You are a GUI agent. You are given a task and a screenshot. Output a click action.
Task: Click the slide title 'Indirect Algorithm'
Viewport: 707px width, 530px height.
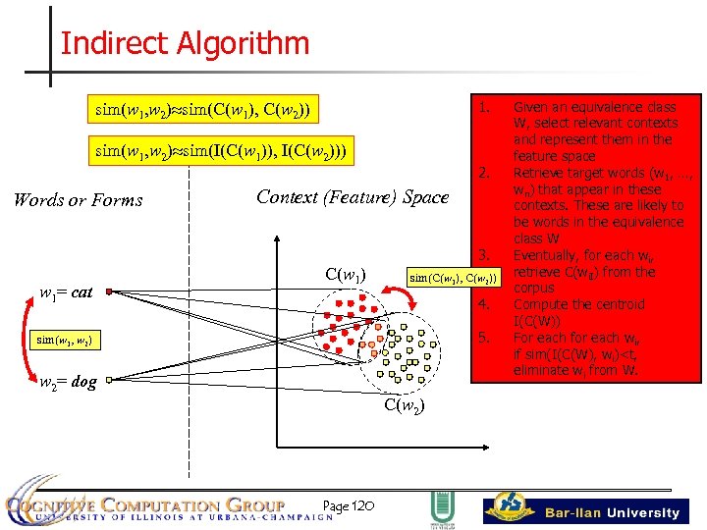(185, 43)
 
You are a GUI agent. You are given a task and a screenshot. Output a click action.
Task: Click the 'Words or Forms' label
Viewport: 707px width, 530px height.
(78, 200)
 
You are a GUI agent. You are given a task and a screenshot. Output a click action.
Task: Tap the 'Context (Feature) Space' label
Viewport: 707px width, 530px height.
(352, 196)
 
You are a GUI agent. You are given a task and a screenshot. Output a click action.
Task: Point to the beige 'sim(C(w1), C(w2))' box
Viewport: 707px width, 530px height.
(454, 279)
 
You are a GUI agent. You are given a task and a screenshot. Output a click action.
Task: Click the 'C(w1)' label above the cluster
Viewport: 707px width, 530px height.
(347, 274)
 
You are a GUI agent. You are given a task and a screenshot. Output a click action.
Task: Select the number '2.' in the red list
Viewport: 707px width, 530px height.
(484, 174)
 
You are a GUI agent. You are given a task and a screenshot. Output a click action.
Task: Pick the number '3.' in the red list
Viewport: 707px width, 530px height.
(484, 256)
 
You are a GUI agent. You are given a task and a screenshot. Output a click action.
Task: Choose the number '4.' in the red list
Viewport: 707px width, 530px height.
(484, 305)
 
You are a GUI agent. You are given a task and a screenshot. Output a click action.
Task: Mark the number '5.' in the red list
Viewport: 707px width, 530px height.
(484, 339)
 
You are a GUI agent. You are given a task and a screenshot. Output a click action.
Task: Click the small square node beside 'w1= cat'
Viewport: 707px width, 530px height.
(110, 291)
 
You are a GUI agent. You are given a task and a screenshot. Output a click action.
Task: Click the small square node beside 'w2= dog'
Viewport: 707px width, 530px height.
(111, 376)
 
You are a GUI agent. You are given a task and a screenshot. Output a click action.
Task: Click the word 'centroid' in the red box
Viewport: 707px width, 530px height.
(621, 305)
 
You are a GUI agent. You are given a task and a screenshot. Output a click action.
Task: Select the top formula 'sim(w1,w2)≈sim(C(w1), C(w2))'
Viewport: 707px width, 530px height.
(201, 108)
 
